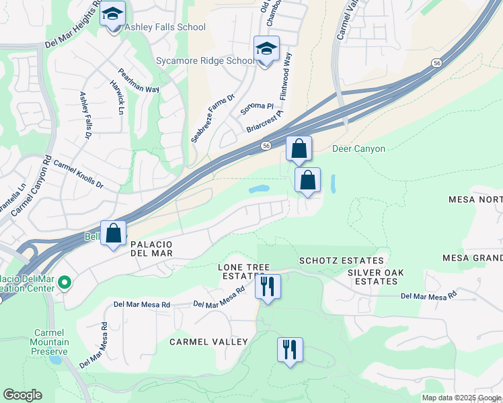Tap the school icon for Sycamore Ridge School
point(266,50)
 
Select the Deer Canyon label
point(358,148)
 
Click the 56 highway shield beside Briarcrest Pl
point(266,145)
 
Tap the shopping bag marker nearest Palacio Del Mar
point(114,234)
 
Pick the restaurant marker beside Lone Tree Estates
point(268,287)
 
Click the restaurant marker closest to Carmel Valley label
point(290,350)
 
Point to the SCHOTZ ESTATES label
point(341,261)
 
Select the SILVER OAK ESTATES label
point(373,277)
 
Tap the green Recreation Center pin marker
point(65,283)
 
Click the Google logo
point(22,395)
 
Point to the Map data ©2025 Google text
point(461,398)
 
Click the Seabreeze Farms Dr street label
point(212,118)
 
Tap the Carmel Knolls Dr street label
point(79,174)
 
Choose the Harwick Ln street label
point(117,97)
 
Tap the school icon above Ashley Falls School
point(112,13)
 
